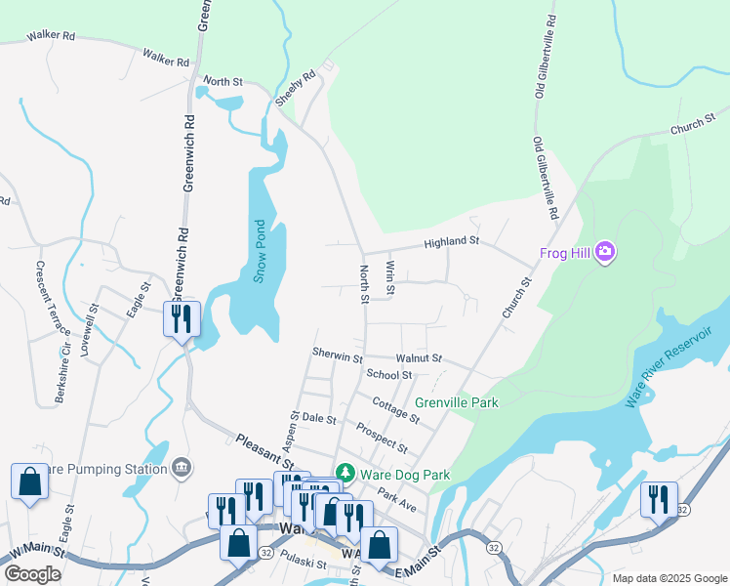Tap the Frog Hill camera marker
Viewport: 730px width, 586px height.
tap(605, 254)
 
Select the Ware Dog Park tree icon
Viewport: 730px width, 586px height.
tap(344, 474)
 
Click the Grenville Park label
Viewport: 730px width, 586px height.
tap(457, 402)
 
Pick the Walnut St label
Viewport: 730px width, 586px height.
tap(419, 358)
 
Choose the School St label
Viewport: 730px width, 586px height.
tap(389, 374)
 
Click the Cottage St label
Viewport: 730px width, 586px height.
tap(395, 410)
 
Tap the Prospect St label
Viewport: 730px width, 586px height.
tap(382, 437)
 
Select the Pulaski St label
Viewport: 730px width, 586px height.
tap(301, 564)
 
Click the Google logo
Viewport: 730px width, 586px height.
tap(32, 574)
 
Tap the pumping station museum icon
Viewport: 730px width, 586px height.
tap(180, 470)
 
